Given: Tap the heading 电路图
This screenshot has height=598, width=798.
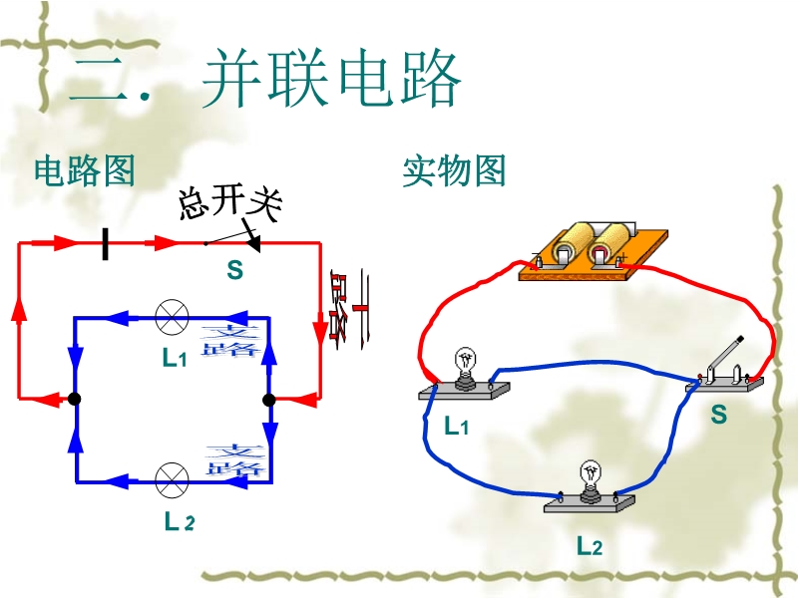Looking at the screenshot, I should click(x=84, y=171).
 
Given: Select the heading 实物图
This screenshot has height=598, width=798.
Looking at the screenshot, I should click(x=454, y=171).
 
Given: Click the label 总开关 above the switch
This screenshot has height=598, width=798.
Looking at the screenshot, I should click(x=229, y=202).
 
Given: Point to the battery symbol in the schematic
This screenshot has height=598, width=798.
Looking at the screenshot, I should click(x=105, y=242).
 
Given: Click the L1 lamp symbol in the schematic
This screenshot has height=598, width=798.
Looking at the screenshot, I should click(x=172, y=319).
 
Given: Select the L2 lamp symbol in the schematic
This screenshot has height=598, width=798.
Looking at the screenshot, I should click(x=172, y=479).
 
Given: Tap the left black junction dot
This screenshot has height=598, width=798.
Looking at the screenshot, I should click(x=75, y=400).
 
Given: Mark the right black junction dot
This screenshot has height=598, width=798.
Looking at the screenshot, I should click(x=267, y=400).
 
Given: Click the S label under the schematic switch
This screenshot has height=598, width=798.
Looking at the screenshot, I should click(x=234, y=270).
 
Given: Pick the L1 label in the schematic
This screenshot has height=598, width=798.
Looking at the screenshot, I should click(x=176, y=359).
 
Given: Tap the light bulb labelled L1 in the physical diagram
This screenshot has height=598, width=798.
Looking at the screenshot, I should click(x=464, y=367).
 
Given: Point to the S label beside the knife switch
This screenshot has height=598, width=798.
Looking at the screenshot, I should click(x=718, y=415).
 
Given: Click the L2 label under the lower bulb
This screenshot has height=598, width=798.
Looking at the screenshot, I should click(x=590, y=546).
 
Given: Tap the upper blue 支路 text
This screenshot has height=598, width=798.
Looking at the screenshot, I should click(x=230, y=339).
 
